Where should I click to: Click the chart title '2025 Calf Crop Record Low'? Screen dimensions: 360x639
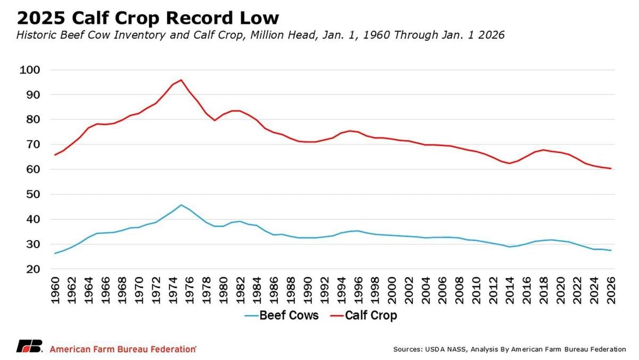click(x=148, y=18)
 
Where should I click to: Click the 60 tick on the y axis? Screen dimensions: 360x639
click(x=30, y=169)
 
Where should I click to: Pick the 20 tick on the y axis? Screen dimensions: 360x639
click(x=30, y=269)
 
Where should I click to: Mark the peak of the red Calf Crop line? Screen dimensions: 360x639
click(x=181, y=80)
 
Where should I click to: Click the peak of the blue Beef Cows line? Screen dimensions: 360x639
click(x=181, y=205)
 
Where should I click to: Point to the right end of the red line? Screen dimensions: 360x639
click(x=610, y=168)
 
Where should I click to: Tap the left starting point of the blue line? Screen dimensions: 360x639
click(x=55, y=253)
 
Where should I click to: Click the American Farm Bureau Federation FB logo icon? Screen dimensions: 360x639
click(x=29, y=347)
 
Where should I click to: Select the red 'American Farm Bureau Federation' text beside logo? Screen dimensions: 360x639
click(x=123, y=349)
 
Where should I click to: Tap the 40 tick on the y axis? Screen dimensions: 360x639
click(x=30, y=219)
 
